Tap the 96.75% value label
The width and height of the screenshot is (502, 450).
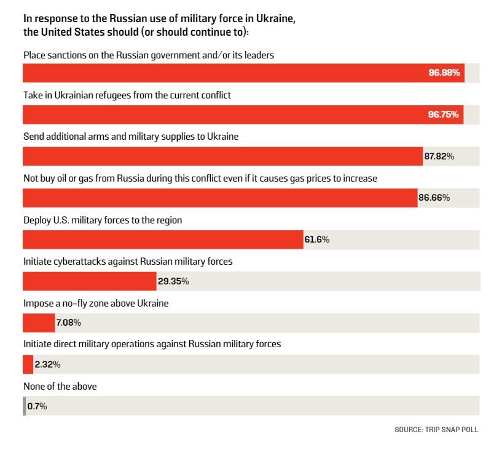click(x=444, y=115)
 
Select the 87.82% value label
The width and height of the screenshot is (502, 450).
click(x=439, y=156)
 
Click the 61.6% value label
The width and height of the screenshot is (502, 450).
click(x=316, y=239)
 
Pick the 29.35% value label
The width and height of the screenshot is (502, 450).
click(x=173, y=281)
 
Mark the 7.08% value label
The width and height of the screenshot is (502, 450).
click(x=69, y=323)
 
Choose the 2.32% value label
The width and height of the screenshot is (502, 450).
click(x=47, y=364)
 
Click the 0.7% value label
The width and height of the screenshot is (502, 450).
click(x=37, y=406)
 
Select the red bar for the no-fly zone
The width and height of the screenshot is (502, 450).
click(x=39, y=323)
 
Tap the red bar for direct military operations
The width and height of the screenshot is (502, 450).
click(x=28, y=364)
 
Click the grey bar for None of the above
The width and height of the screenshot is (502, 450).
click(x=25, y=406)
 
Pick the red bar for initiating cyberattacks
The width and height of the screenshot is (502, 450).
click(x=90, y=281)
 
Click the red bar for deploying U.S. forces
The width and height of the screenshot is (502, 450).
click(x=163, y=239)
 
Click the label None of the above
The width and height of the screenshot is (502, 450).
click(x=60, y=387)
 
